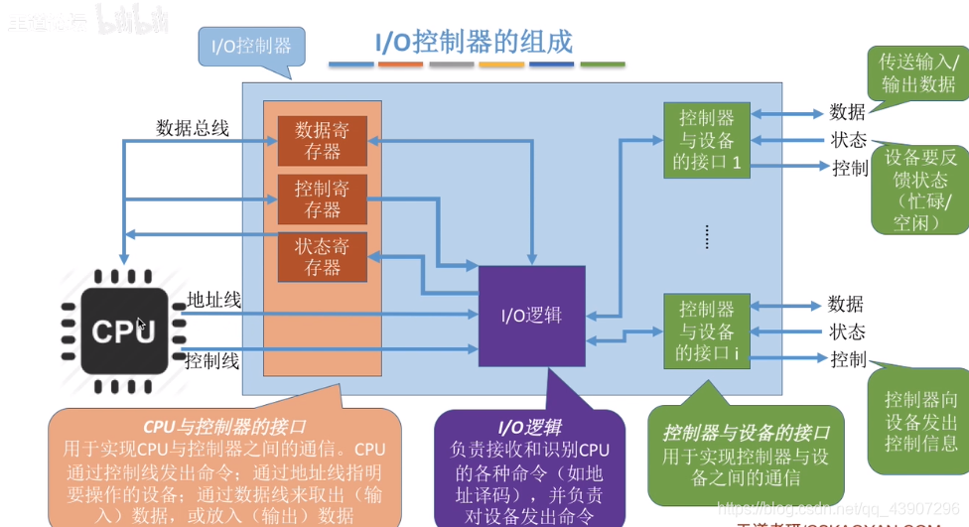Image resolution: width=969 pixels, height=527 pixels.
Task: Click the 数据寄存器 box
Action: [322, 141]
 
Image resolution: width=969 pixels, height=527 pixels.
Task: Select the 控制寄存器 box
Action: [322, 198]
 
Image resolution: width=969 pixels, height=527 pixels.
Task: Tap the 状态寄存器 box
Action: [322, 256]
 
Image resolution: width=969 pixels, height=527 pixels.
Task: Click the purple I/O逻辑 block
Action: [532, 316]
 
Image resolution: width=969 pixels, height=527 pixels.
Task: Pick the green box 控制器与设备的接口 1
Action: [707, 140]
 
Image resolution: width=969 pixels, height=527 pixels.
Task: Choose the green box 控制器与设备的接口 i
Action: [707, 329]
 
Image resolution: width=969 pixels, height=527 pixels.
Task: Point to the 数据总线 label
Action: [193, 128]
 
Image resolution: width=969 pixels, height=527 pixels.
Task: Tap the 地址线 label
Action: [213, 300]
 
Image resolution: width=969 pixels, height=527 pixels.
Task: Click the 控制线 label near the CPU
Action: [212, 361]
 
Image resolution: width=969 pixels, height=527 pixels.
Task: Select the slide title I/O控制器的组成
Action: [474, 42]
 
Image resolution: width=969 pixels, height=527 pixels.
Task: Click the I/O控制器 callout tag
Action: [252, 47]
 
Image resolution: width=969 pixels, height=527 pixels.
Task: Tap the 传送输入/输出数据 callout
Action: [917, 71]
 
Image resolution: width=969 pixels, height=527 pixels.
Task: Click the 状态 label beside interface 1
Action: [849, 140]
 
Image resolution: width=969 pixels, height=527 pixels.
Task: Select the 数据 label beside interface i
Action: [846, 304]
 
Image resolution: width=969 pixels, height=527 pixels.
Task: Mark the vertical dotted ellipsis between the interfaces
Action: [707, 235]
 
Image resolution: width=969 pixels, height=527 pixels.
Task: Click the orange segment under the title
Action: [401, 65]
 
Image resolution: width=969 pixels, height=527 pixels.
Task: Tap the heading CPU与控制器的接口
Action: [224, 427]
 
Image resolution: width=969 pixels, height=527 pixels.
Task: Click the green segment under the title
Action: [603, 65]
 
